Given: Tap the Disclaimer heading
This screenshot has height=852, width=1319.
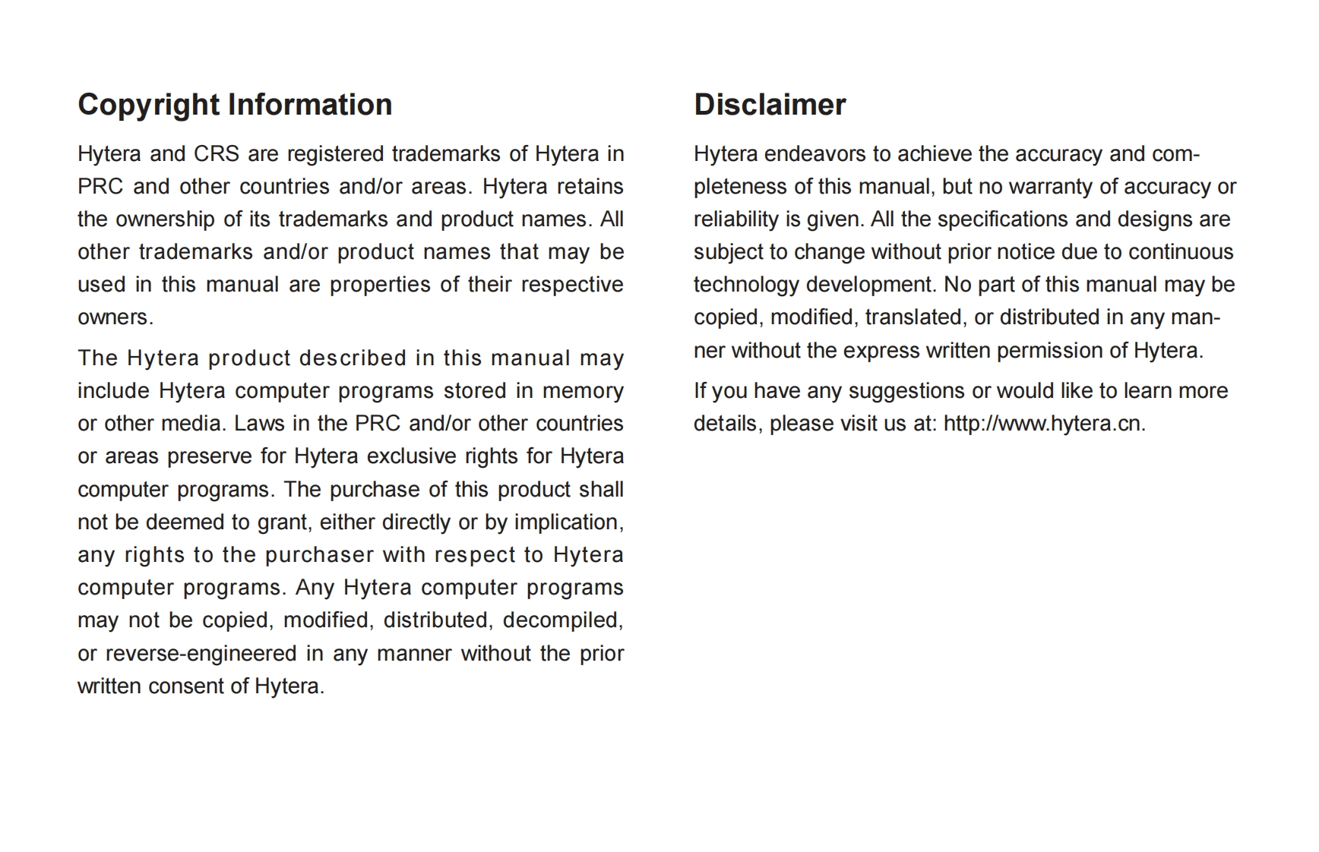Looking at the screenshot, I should point(769,105).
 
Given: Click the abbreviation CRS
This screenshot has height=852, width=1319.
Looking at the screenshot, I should point(217,154).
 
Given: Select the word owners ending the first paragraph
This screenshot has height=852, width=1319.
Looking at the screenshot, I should point(114,317).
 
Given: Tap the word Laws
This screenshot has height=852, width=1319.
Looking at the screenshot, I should point(259,424).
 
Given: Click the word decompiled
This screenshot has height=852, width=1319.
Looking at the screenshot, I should point(561,620).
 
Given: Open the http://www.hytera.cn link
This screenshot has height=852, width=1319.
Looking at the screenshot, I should point(1044,424).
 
